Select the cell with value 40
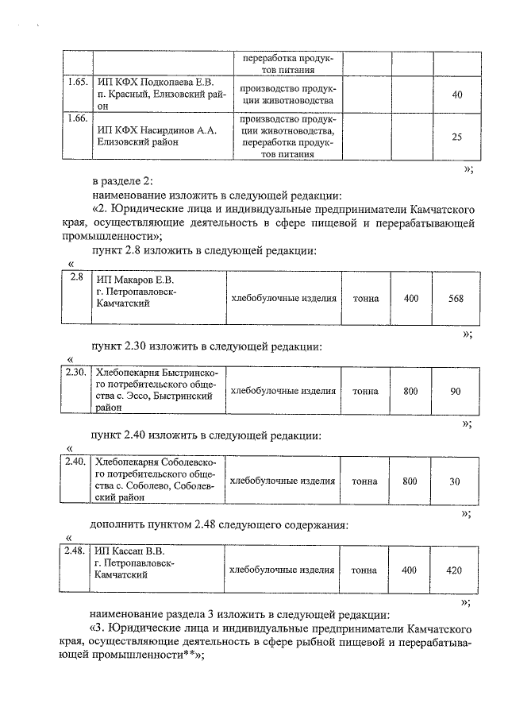pyautogui.click(x=456, y=95)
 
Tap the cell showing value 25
pyautogui.click(x=456, y=137)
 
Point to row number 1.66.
pyautogui.click(x=75, y=118)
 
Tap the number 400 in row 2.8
pyautogui.click(x=410, y=299)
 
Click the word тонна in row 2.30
pyautogui.click(x=365, y=391)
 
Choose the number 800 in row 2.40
pyautogui.click(x=410, y=481)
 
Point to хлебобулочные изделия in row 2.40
pyautogui.click(x=283, y=481)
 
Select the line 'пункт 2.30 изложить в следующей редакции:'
pyautogui.click(x=206, y=346)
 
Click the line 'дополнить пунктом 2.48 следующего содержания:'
pyautogui.click(x=219, y=524)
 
